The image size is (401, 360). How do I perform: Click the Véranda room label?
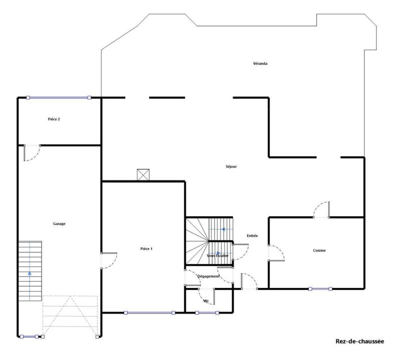[x=260, y=64]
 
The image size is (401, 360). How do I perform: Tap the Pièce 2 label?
[x=54, y=119]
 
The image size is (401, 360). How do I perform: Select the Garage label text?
[x=59, y=224]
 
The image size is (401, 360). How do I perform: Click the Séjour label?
[x=231, y=166]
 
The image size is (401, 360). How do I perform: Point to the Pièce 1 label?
[x=146, y=249]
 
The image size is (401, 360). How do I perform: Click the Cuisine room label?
[x=319, y=250]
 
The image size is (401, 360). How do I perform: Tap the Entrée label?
[x=252, y=236]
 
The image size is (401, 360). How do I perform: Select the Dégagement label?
[x=208, y=276]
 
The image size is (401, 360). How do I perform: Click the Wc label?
[x=206, y=301]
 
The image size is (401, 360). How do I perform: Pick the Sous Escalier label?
[x=218, y=256]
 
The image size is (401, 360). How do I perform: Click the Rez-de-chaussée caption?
[x=359, y=341]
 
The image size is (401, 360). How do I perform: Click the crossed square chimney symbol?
[x=143, y=175]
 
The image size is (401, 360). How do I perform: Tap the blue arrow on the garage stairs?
[x=30, y=273]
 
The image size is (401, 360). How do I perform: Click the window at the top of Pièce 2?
[x=59, y=98]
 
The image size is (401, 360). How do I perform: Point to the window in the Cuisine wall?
[x=320, y=288]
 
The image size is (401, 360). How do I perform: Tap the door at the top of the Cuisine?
[x=321, y=210]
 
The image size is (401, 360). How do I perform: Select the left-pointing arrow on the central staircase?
[x=223, y=230]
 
